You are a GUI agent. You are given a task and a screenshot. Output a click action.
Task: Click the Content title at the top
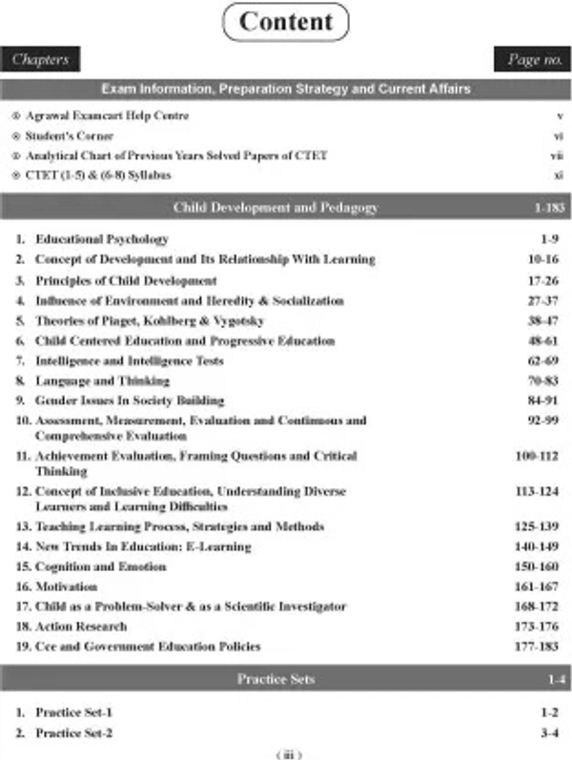point(286,22)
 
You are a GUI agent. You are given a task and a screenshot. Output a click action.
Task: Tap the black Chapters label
point(40,59)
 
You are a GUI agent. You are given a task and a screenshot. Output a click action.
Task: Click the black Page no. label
point(532,59)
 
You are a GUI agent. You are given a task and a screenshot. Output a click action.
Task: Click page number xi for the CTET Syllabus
point(559,175)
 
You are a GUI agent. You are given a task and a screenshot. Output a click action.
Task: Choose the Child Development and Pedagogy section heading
point(276,207)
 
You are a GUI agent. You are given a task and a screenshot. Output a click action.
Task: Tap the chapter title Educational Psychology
point(102,239)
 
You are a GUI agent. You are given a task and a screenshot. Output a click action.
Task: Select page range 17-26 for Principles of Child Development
point(544,280)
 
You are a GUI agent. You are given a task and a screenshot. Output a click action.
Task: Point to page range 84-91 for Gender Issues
point(544,401)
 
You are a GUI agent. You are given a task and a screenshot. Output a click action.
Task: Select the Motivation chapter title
point(67,586)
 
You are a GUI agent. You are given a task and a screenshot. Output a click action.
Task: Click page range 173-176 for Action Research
point(541,626)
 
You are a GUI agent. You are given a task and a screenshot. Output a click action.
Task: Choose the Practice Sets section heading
point(276,679)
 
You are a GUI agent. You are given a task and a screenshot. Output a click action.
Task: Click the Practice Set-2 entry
point(73,732)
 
